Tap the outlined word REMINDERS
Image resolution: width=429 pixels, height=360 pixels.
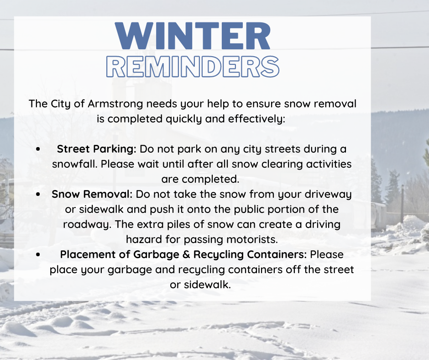click(193, 67)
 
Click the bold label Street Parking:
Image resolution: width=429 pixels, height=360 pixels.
click(97, 149)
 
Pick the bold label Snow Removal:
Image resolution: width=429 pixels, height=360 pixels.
click(92, 194)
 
